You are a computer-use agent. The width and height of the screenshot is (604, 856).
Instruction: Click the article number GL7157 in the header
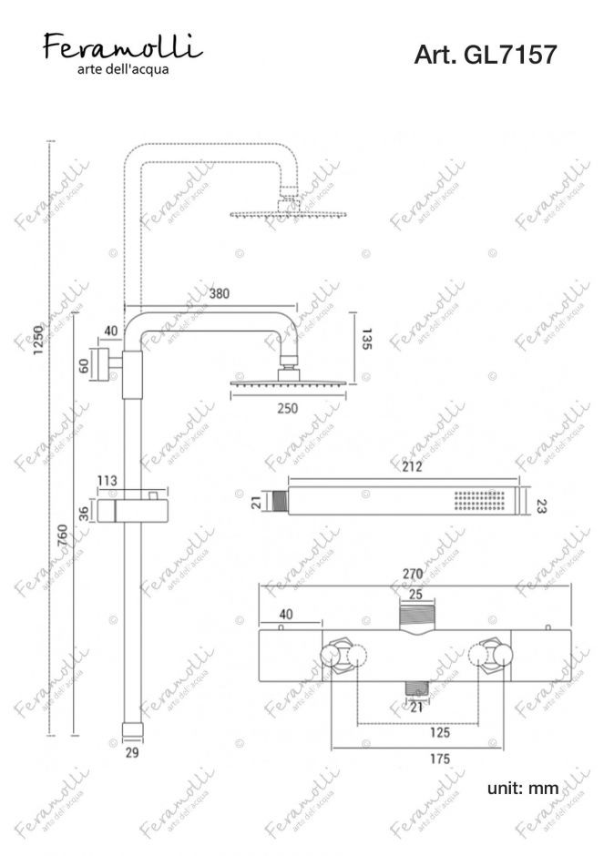pos(510,55)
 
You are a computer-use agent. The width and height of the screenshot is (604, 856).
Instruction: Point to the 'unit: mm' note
pos(523,788)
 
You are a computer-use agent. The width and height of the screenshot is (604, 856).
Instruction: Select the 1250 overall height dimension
pos(38,340)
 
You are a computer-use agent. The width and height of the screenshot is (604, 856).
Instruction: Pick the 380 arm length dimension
pos(219,294)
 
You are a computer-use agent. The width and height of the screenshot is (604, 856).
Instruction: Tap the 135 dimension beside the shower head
pos(366,339)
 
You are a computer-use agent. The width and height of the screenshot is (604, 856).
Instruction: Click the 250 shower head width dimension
pos(288,408)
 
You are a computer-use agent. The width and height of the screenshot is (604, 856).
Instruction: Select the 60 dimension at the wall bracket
pos(84,365)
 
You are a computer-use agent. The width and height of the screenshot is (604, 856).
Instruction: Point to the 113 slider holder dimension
pos(107,481)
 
